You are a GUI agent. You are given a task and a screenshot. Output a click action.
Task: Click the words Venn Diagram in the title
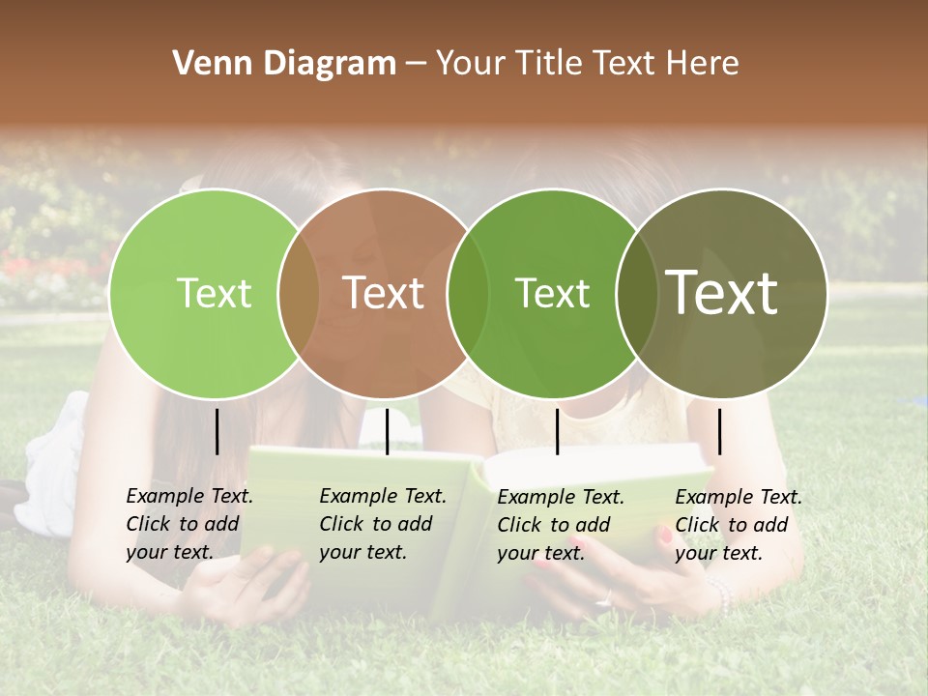click(x=284, y=64)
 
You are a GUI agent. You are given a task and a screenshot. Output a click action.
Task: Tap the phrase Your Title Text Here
click(x=587, y=64)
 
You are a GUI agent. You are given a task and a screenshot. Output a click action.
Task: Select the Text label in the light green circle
click(x=214, y=293)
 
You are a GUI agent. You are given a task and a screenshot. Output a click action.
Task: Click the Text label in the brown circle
click(x=384, y=293)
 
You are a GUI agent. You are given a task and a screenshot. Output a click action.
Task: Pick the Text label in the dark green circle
click(x=552, y=293)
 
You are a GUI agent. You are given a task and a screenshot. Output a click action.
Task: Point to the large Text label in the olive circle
click(x=722, y=293)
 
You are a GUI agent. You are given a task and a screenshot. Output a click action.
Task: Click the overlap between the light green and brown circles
click(x=299, y=293)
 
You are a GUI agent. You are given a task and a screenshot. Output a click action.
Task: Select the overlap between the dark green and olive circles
click(x=634, y=293)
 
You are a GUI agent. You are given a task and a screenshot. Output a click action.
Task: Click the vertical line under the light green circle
click(x=217, y=431)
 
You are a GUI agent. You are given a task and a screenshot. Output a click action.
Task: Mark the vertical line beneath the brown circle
click(x=387, y=431)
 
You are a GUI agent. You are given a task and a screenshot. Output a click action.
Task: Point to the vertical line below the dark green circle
click(x=557, y=431)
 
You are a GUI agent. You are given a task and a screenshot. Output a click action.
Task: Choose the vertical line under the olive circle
click(x=719, y=431)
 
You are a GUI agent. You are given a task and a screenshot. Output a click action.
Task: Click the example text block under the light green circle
click(x=189, y=524)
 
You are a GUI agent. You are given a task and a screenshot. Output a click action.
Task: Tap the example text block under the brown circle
click(x=383, y=524)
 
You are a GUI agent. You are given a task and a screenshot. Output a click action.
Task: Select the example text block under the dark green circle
click(x=561, y=525)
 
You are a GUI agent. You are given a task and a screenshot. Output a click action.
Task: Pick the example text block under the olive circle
click(x=739, y=525)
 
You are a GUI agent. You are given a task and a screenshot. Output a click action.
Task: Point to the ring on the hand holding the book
click(x=605, y=599)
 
